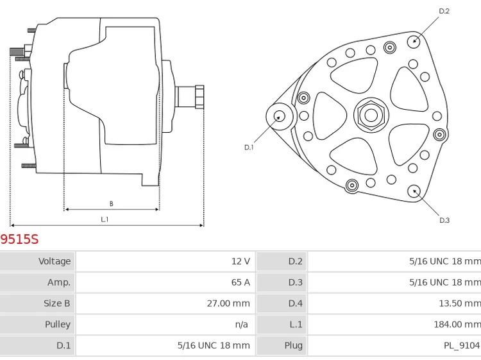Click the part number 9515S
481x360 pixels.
tap(19, 239)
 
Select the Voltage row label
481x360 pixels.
tap(55, 261)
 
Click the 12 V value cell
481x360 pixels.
tap(240, 261)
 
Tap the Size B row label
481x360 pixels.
tap(56, 304)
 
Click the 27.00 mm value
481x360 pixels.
tap(228, 304)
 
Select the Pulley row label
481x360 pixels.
tap(58, 324)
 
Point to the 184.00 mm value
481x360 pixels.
tap(457, 324)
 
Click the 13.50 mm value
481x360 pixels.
tap(459, 304)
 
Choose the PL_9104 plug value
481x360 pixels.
tap(461, 345)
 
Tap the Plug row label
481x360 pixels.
tap(293, 345)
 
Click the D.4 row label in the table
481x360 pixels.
tap(295, 304)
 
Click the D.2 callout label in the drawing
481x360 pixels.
tap(444, 11)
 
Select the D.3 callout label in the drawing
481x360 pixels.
tap(444, 220)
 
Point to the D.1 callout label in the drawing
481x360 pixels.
tap(249, 147)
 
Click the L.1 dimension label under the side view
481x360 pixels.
tap(105, 219)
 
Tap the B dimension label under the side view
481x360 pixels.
tap(111, 204)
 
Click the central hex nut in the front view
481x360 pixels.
tap(370, 116)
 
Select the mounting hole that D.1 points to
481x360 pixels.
tap(280, 116)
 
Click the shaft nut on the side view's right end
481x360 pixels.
tap(199, 96)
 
